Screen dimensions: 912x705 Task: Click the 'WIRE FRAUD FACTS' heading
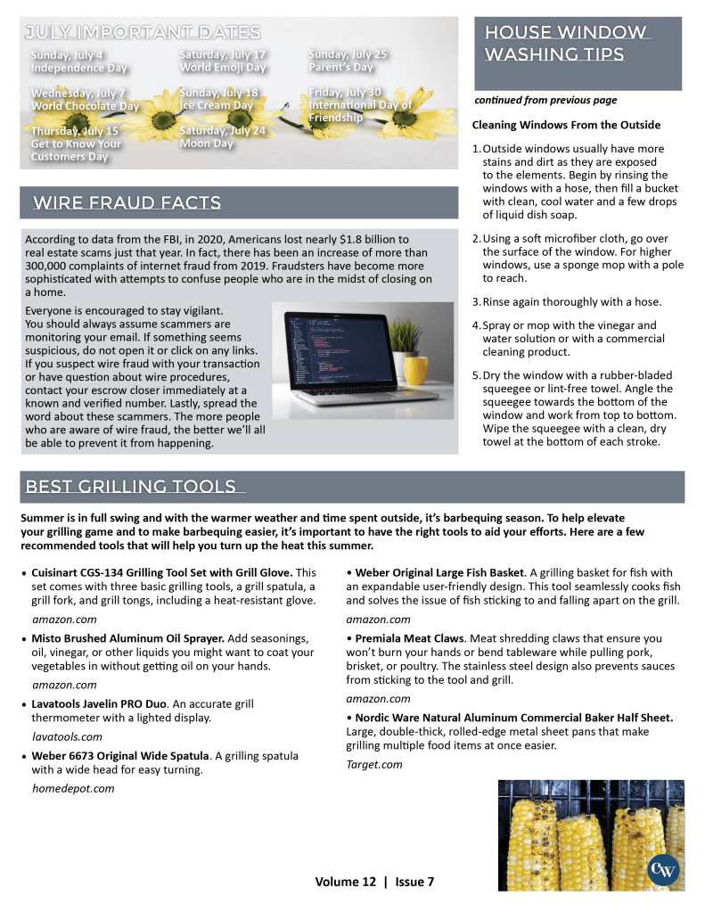127,203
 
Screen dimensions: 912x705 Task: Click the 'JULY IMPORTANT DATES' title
143,33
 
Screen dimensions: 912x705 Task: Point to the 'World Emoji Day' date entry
223,61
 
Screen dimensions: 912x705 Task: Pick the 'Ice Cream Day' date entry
218,98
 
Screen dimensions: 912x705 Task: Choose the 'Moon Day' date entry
222,136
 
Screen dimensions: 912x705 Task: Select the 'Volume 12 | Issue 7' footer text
374,882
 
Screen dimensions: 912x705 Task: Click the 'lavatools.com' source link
67,736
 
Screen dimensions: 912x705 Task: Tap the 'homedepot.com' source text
73,788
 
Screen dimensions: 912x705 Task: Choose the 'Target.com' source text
373,764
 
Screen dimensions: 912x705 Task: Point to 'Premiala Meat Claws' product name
411,638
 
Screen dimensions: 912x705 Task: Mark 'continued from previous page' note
545,101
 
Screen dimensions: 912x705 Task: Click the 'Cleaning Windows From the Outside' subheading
566,125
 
